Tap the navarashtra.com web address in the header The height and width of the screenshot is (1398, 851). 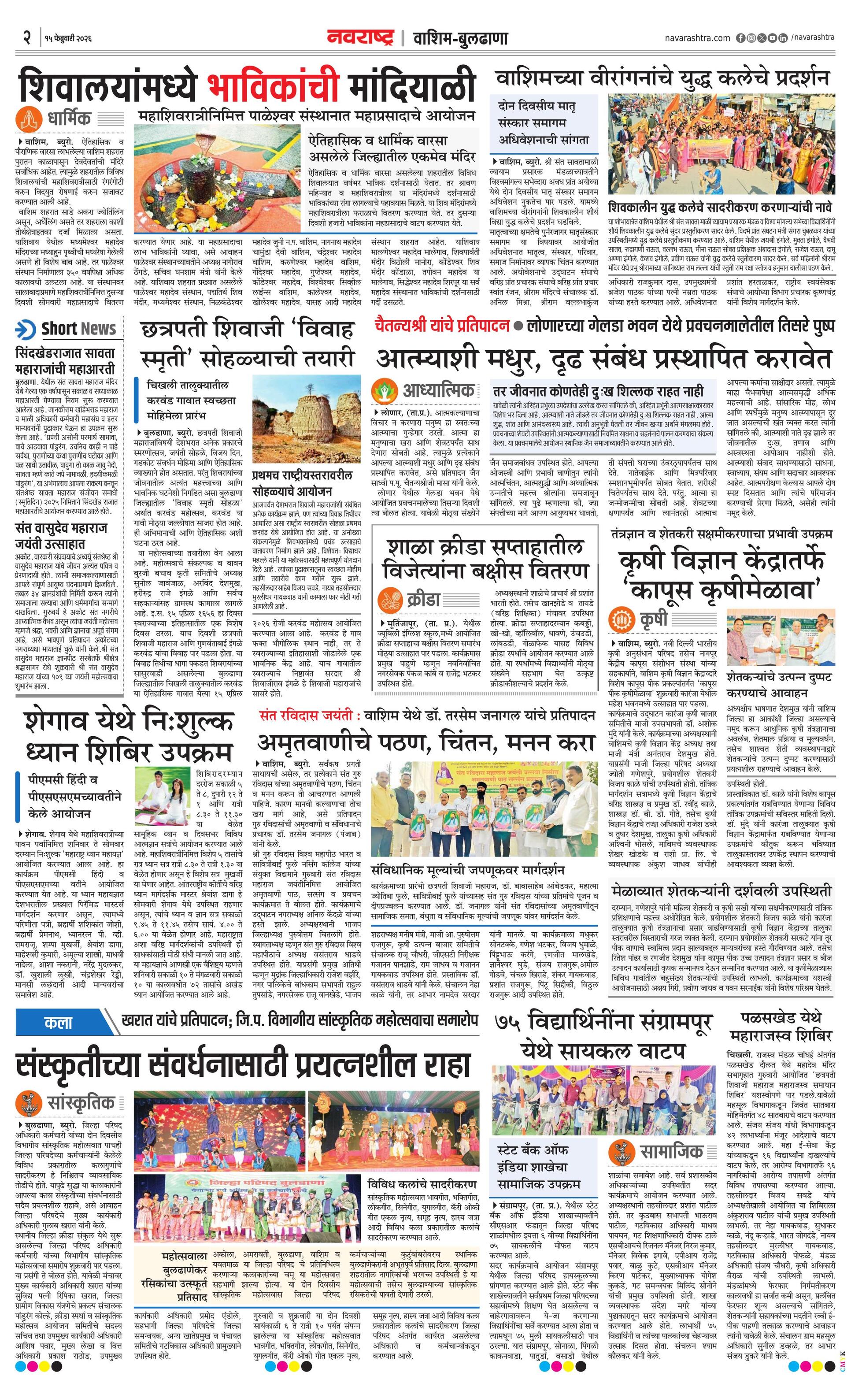697,38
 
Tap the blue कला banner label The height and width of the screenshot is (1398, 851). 59,1023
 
